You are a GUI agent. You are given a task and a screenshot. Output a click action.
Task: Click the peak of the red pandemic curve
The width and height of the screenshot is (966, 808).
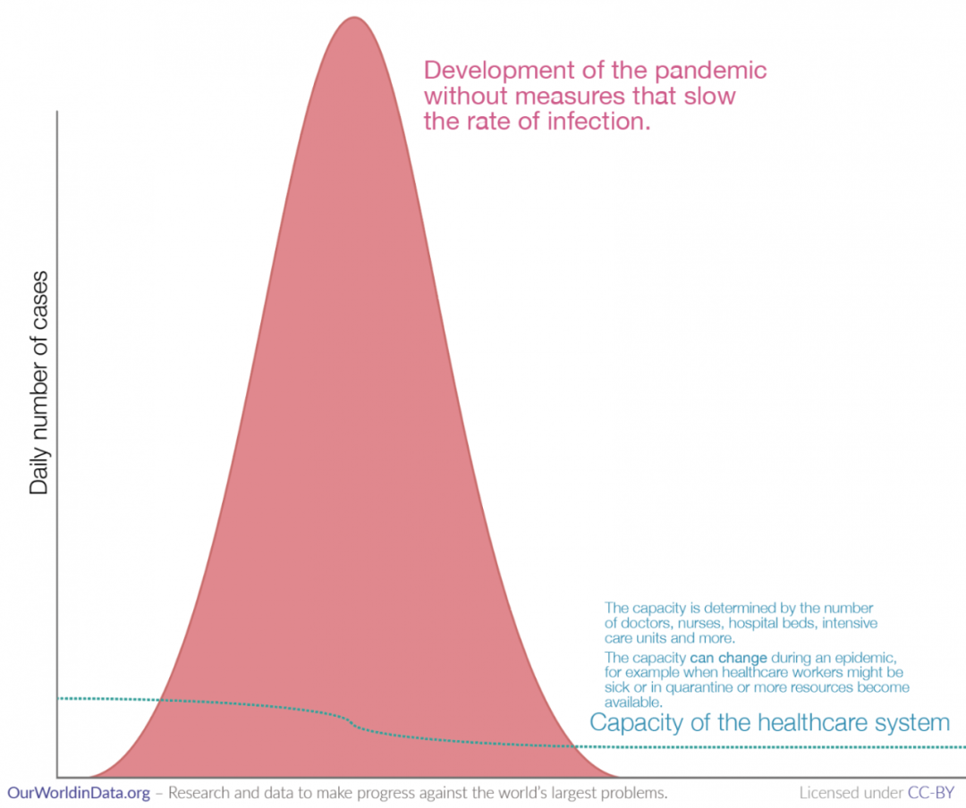coord(353,18)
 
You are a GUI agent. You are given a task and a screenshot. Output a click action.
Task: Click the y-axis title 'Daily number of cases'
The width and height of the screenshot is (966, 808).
coord(38,392)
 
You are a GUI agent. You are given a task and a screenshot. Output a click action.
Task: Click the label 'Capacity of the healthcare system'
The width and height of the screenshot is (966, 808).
coord(769,722)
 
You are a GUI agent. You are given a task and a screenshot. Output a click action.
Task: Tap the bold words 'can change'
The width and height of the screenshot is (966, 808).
coord(729,658)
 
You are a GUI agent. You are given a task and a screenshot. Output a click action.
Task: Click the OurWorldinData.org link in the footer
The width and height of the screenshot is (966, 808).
coord(79,793)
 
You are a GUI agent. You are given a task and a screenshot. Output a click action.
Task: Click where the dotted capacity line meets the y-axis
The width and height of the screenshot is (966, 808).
coord(58,698)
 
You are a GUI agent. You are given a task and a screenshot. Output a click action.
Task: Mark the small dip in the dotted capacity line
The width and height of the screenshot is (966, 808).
coord(353,722)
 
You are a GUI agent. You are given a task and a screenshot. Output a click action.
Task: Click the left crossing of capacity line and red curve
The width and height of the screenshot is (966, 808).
coord(159,701)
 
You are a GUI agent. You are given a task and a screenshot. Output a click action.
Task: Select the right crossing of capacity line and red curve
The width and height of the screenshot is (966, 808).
coord(570,745)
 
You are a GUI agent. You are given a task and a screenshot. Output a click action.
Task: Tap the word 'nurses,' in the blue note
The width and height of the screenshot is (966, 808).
coord(702,623)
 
